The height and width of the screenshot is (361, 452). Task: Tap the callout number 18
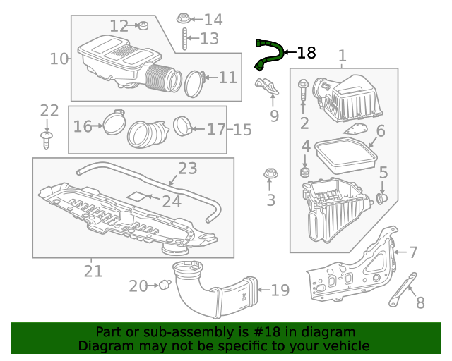[306, 53]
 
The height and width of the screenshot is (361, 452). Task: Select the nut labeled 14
[182, 18]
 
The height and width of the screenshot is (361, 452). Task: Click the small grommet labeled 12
[141, 27]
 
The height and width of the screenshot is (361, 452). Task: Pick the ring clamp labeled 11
[194, 82]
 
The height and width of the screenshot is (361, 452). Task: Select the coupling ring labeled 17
[182, 127]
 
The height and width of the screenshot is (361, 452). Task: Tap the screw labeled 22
[47, 139]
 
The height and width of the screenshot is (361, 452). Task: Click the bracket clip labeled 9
[266, 88]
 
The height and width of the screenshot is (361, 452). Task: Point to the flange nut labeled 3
[270, 173]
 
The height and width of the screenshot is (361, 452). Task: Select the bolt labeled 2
[303, 90]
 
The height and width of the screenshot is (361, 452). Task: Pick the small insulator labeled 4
[306, 172]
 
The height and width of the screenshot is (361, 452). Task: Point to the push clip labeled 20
[166, 285]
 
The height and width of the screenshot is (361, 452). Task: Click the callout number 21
[93, 271]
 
